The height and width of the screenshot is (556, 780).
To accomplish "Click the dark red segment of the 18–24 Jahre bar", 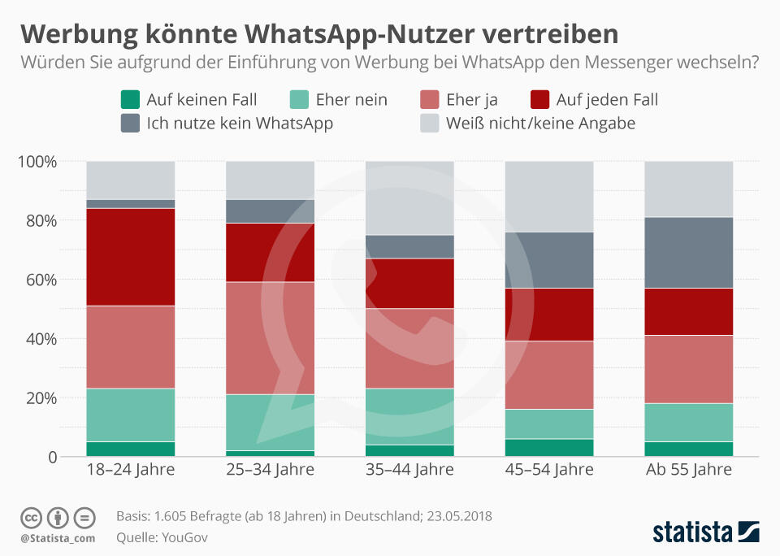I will click(131, 257).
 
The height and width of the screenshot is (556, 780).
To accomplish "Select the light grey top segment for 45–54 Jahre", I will click(549, 197).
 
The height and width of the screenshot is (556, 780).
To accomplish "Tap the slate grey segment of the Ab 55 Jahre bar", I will click(689, 253).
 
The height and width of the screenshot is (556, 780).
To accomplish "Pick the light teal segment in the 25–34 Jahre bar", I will click(270, 422).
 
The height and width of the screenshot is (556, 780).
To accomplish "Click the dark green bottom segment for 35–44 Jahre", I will click(409, 450).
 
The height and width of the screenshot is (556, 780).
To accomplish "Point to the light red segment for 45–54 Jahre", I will click(549, 375).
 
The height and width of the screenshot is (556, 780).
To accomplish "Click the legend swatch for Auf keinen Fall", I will click(131, 100).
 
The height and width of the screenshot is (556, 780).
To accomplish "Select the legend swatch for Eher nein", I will click(301, 100).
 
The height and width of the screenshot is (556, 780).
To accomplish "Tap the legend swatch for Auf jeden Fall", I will click(540, 100).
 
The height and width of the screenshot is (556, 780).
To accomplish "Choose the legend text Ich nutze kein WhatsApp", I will click(240, 124).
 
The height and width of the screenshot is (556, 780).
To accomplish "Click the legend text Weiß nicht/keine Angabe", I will click(540, 124).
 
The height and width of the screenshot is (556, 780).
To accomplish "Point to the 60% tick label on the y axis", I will click(40, 280).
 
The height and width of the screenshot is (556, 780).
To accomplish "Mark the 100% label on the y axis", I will click(37, 162).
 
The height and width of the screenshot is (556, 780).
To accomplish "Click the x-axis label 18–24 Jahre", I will click(131, 470).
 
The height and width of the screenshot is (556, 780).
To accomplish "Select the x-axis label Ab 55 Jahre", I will click(689, 470).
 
